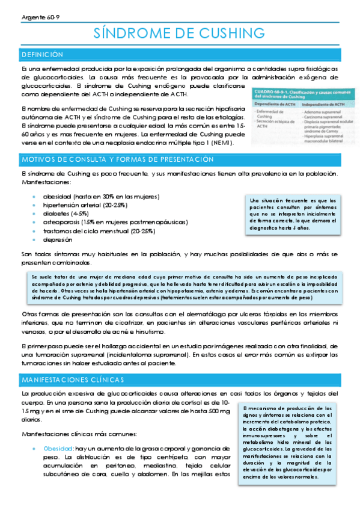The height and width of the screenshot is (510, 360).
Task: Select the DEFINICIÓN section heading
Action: (42, 55)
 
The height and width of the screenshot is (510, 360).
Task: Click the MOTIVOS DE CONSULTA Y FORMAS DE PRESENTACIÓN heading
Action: (117, 159)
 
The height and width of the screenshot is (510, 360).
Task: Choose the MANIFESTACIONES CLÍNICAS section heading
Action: (73, 380)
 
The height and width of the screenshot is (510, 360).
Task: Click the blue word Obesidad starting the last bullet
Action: (58, 449)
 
